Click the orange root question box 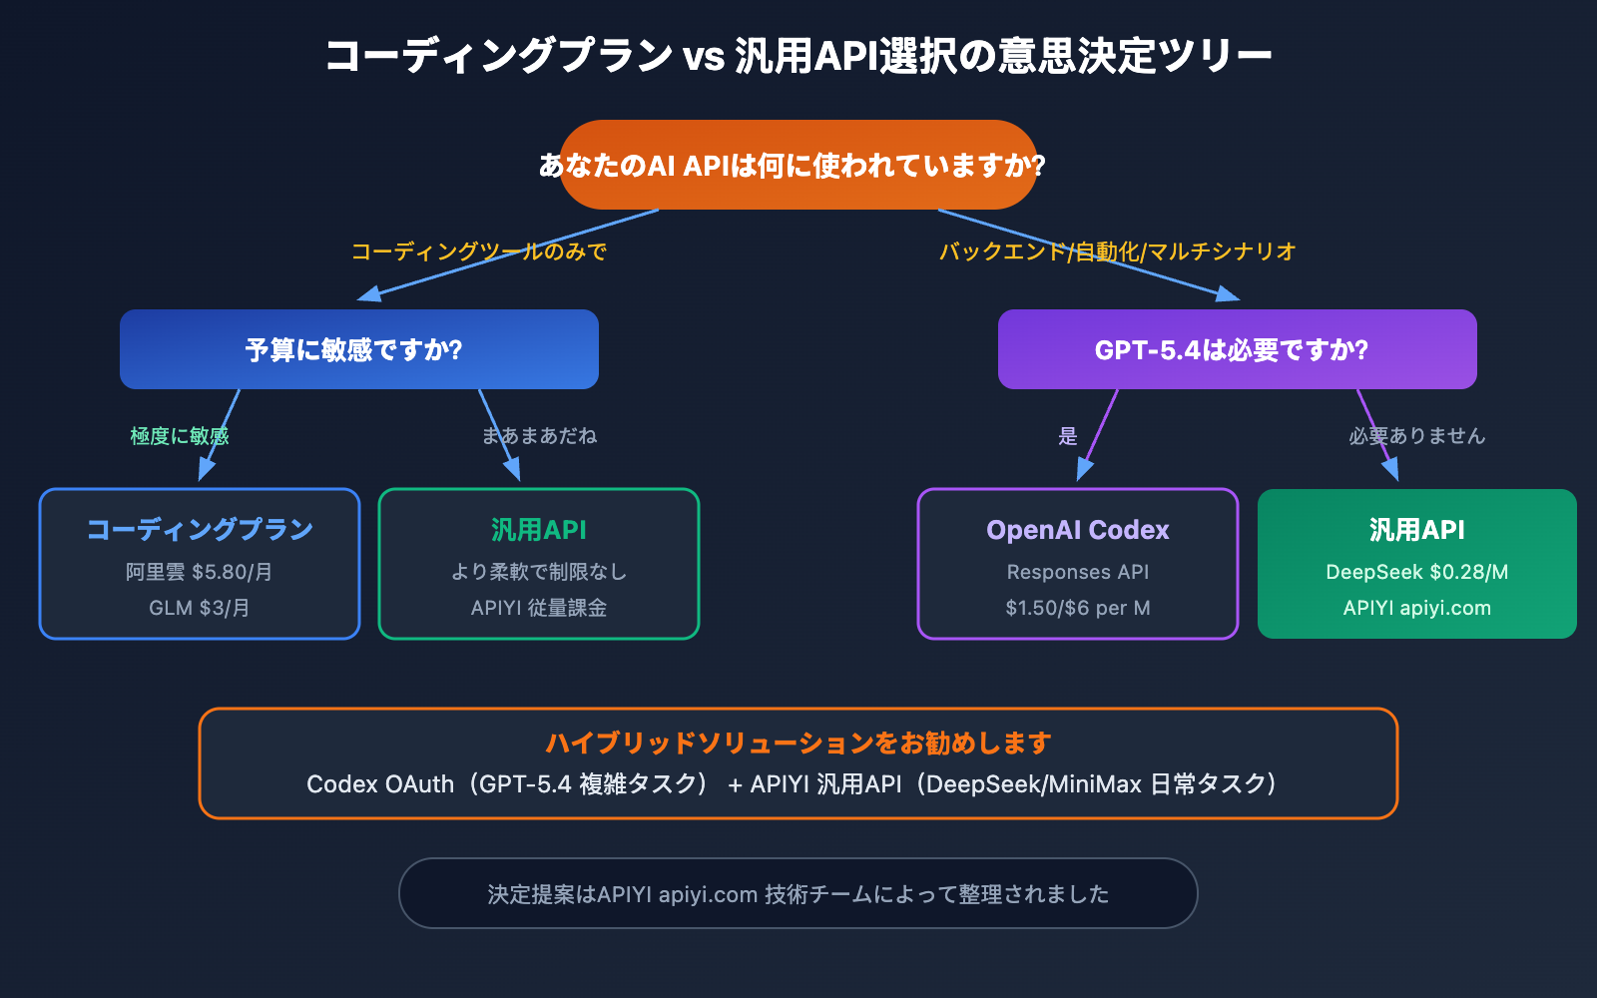pyautogui.click(x=798, y=165)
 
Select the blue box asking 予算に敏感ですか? pyautogui.click(x=358, y=349)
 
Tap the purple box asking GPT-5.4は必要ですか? pyautogui.click(x=1237, y=349)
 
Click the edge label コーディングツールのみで pyautogui.click(x=478, y=251)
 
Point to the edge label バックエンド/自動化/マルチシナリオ pyautogui.click(x=1117, y=251)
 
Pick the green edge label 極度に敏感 pyautogui.click(x=180, y=436)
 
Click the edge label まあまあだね pyautogui.click(x=539, y=436)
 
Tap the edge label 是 pyautogui.click(x=1068, y=436)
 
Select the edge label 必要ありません pyautogui.click(x=1416, y=436)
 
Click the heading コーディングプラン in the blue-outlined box pyautogui.click(x=200, y=529)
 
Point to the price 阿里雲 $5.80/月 pyautogui.click(x=200, y=572)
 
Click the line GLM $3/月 pyautogui.click(x=200, y=608)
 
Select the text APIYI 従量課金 pyautogui.click(x=539, y=608)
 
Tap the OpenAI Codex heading pyautogui.click(x=1078, y=529)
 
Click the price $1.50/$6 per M pyautogui.click(x=1078, y=608)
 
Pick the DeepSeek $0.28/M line pyautogui.click(x=1416, y=572)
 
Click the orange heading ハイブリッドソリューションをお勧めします pyautogui.click(x=798, y=743)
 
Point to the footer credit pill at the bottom pyautogui.click(x=798, y=893)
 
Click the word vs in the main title pyautogui.click(x=704, y=56)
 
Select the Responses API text pyautogui.click(x=1078, y=572)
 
